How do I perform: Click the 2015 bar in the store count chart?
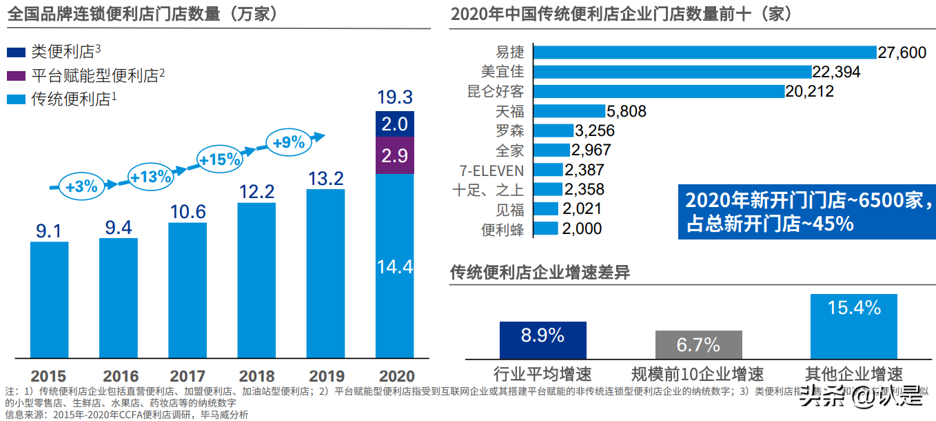pos(49,300)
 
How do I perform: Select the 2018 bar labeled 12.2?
pos(256,280)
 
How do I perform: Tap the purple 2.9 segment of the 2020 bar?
pos(395,155)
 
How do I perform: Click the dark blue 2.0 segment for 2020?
pos(395,124)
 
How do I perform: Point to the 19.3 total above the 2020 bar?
pos(395,97)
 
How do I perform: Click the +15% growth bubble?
pos(220,159)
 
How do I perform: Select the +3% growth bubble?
pos(82,186)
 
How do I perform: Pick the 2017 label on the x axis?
pos(187,377)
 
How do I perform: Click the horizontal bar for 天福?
pos(569,111)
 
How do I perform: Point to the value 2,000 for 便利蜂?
pos(582,229)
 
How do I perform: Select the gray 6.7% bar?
pos(698,344)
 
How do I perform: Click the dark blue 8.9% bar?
pos(542,340)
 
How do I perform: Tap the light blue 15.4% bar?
pos(853,326)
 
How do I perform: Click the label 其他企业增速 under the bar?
pos(853,375)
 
